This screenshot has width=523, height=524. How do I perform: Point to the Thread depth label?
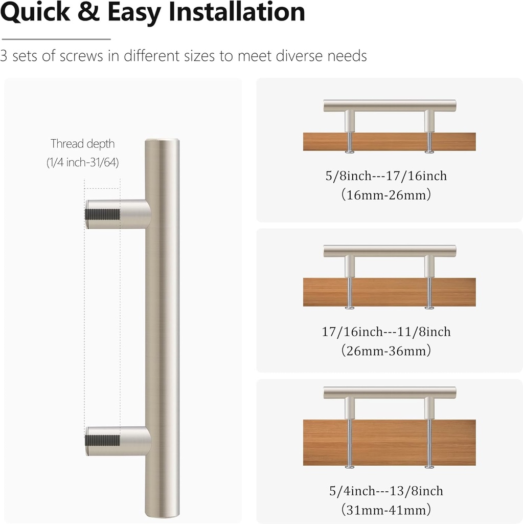(x=83, y=144)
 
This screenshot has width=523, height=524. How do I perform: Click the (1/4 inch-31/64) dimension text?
(x=83, y=163)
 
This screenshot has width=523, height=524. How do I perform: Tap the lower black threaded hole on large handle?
(x=102, y=441)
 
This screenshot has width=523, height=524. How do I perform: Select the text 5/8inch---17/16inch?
(x=386, y=176)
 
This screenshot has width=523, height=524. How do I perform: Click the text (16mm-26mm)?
(x=386, y=195)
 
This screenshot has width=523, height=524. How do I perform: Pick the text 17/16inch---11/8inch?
(x=386, y=332)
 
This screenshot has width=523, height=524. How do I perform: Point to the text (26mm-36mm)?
(x=386, y=351)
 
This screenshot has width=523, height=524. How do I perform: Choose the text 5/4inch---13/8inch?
(x=386, y=491)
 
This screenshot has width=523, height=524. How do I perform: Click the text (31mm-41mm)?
(x=386, y=510)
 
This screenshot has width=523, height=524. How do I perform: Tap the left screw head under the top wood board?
(x=350, y=151)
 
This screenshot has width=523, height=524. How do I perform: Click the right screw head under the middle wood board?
(x=429, y=308)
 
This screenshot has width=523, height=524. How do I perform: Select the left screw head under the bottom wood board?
(x=350, y=466)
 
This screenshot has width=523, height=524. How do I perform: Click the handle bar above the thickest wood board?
(x=390, y=392)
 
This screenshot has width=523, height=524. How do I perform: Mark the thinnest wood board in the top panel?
(x=390, y=142)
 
